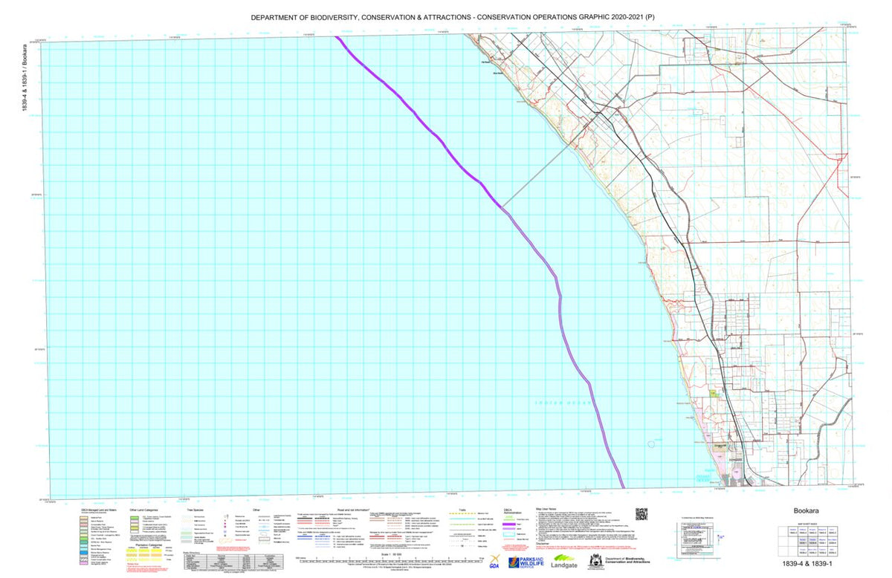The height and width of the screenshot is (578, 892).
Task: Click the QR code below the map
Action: (x=641, y=513)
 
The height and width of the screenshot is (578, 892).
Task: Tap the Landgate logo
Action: (x=564, y=562)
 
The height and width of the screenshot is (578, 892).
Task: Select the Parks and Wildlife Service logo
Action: (x=526, y=562)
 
